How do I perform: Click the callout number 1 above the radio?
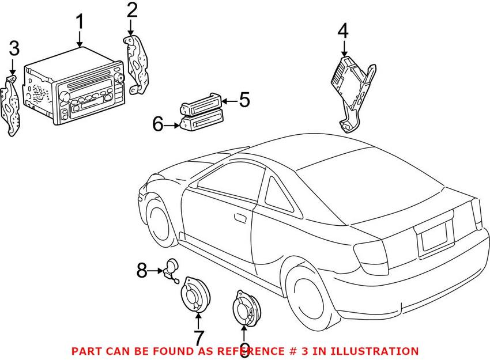click(80, 22)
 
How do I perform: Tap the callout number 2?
click(132, 10)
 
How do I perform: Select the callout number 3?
click(13, 49)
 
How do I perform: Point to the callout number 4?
click(343, 31)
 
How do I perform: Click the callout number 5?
click(244, 100)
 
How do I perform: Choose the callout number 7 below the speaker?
click(198, 337)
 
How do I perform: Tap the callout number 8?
click(142, 270)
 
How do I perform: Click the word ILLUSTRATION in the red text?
click(374, 350)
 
